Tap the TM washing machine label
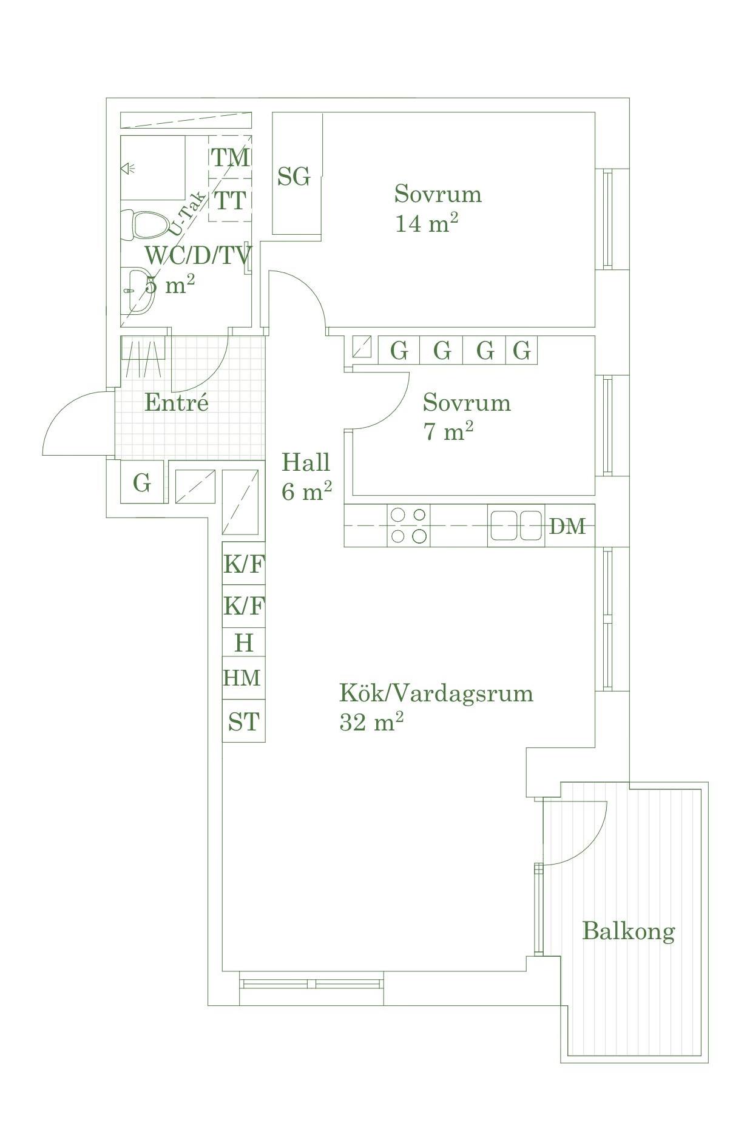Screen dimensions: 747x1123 (231, 158)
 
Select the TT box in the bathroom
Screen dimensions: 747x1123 (231, 200)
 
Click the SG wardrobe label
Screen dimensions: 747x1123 (294, 177)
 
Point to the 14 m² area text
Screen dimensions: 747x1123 (427, 223)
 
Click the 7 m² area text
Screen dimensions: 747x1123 (448, 431)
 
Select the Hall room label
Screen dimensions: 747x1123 (306, 462)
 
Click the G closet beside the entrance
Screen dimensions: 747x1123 (142, 482)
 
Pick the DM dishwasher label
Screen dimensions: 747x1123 (567, 526)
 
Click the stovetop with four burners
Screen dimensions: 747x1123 (408, 525)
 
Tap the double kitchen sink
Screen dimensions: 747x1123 (516, 525)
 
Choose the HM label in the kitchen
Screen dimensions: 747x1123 (242, 678)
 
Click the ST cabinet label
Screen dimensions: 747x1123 (244, 721)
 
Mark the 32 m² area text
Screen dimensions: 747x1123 (371, 722)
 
